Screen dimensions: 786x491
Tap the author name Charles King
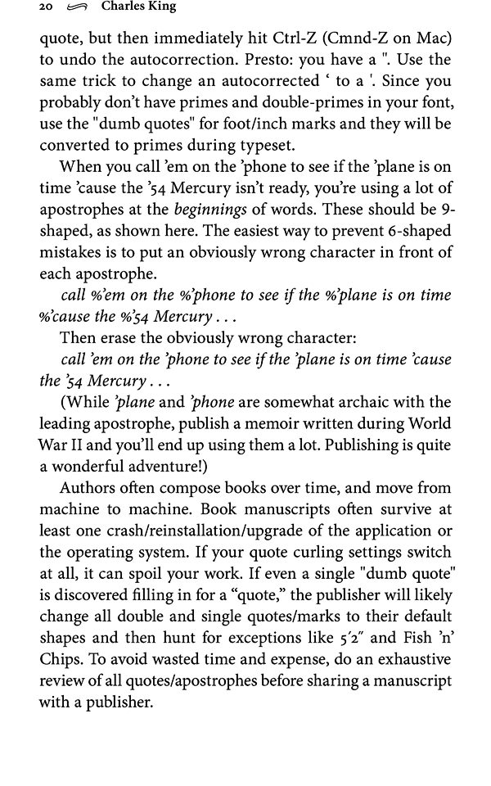point(139,7)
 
